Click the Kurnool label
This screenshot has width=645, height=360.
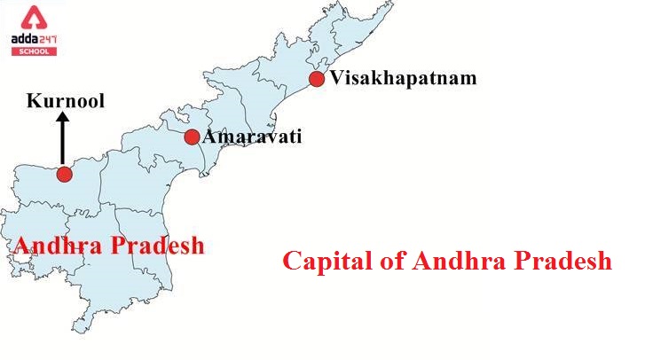65,101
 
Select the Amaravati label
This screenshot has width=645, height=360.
253,137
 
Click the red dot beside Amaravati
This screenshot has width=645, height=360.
192,137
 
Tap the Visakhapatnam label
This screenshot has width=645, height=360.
403,78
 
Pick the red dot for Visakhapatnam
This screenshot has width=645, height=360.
317,80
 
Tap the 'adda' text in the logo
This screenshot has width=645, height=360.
25,37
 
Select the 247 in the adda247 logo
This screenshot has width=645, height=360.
48,37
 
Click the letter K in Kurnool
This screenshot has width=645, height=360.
33,101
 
